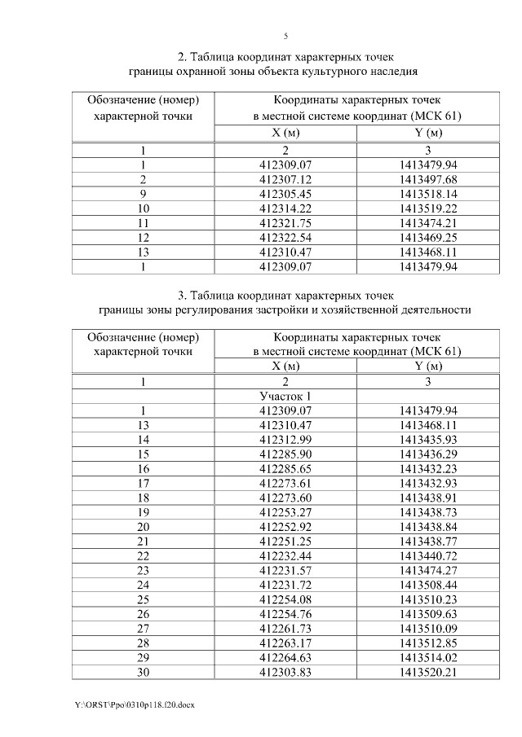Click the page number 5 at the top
(x=285, y=36)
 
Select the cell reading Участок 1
(x=285, y=396)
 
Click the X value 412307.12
(x=285, y=179)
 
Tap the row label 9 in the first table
(x=143, y=194)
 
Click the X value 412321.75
(x=285, y=223)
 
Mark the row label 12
(x=143, y=238)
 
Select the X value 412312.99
(x=285, y=440)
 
